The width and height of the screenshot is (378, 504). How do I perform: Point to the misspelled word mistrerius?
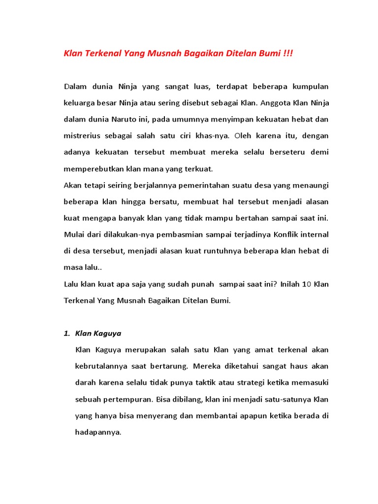tap(81, 136)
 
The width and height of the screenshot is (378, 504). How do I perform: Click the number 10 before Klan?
tap(305, 283)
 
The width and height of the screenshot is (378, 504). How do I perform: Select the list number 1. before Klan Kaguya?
tap(67, 333)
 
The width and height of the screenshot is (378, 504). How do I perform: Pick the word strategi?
tap(237, 382)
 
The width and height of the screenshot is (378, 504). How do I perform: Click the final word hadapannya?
tap(97, 432)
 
